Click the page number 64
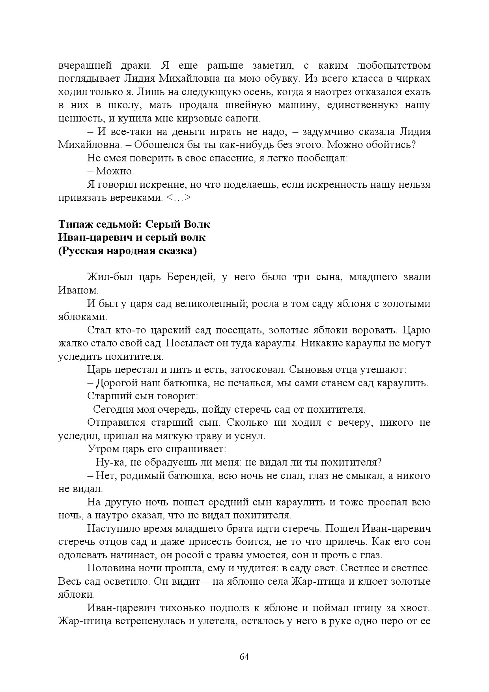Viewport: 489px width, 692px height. pos(244,657)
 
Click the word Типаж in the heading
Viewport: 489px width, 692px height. pos(75,224)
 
